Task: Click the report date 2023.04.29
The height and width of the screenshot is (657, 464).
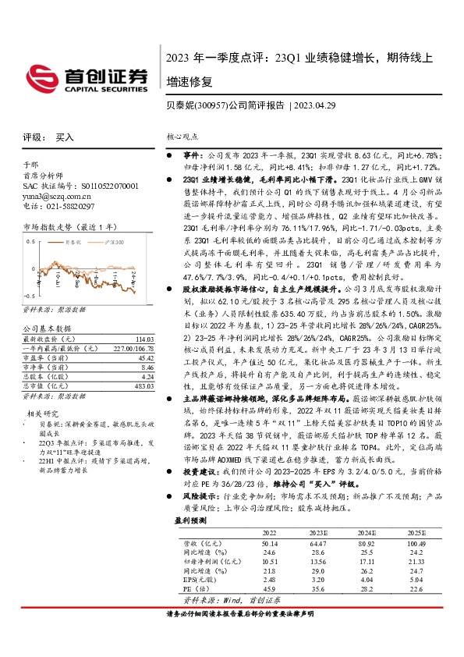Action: click(x=316, y=105)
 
